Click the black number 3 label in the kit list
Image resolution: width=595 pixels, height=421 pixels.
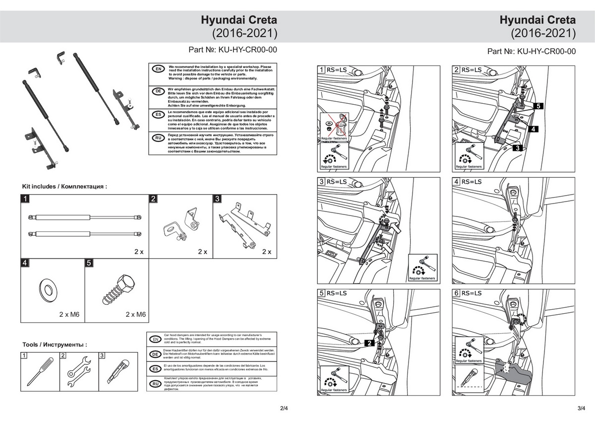pyautogui.click(x=217, y=199)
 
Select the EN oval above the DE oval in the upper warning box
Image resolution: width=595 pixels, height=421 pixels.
pyautogui.click(x=158, y=69)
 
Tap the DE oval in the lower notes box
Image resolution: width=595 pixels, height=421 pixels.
pyautogui.click(x=155, y=354)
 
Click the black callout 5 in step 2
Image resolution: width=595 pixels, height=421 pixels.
pyautogui.click(x=539, y=106)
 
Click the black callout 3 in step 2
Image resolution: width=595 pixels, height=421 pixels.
pyautogui.click(x=516, y=148)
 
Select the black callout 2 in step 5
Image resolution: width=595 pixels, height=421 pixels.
pyautogui.click(x=370, y=343)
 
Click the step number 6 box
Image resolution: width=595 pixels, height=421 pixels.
pyautogui.click(x=457, y=293)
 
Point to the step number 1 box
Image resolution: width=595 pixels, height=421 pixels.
pyautogui.click(x=322, y=70)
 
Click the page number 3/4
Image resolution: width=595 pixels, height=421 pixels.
pyautogui.click(x=582, y=408)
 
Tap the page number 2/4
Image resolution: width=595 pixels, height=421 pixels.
pyautogui.click(x=284, y=408)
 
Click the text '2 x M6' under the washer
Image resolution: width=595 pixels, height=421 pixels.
pyautogui.click(x=70, y=314)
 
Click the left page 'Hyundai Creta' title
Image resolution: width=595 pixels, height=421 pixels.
pyautogui.click(x=238, y=21)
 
